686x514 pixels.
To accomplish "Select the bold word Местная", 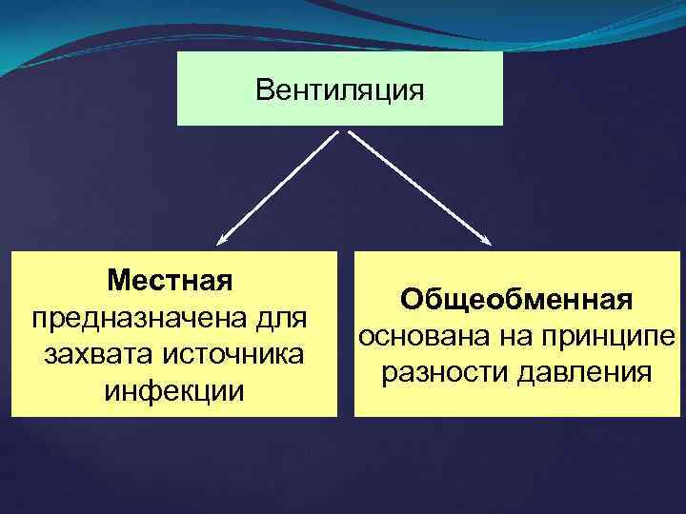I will [x=171, y=281].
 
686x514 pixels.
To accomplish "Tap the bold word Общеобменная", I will [x=516, y=299].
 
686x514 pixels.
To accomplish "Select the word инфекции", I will [x=174, y=390].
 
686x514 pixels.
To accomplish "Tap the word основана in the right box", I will [x=418, y=336].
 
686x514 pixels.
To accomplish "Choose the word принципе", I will [x=606, y=336].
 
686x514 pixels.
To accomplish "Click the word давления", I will [x=584, y=372].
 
